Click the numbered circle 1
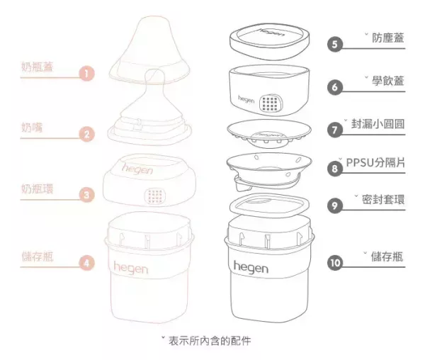point(86,73)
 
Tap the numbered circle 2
point(86,133)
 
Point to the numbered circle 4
point(86,262)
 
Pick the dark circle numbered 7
point(335,130)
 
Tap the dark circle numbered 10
point(335,262)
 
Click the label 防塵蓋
point(388,38)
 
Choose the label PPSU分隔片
point(375,163)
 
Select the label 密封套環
point(383,201)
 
